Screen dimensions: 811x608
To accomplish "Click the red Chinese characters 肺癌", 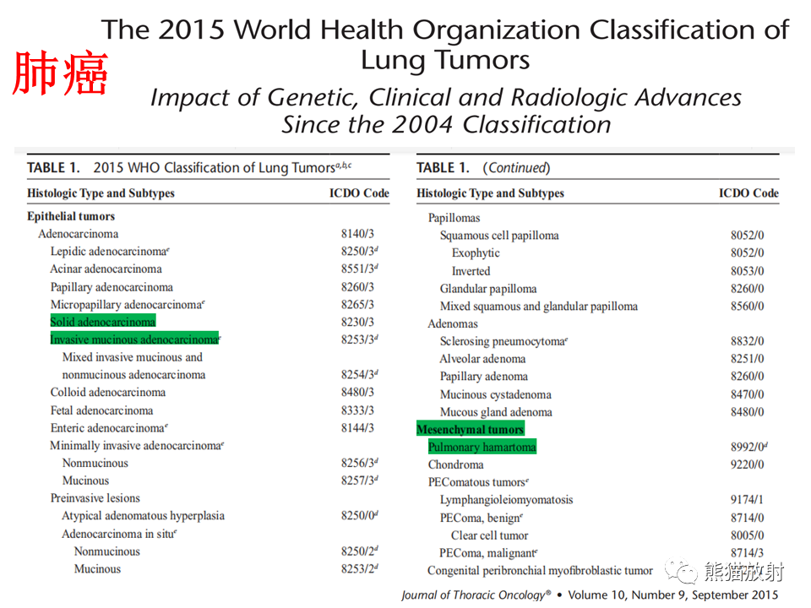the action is click(x=60, y=73).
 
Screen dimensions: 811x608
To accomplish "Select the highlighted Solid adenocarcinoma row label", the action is click(x=103, y=322).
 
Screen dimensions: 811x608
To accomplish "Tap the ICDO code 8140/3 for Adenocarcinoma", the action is click(x=357, y=234).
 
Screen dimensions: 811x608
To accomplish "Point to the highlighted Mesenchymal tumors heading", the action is click(x=471, y=429).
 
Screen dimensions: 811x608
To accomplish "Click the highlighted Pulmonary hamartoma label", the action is click(x=482, y=447).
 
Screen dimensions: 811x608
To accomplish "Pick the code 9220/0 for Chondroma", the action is click(x=747, y=464).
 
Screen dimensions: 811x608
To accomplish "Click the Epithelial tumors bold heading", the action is click(x=71, y=216).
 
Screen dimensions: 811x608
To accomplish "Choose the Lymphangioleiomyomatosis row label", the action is click(x=506, y=500).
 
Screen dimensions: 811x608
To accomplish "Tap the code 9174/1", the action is click(x=747, y=499).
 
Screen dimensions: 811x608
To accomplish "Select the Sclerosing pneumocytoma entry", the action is click(x=503, y=341).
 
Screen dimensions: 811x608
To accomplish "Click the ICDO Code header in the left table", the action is click(x=360, y=193).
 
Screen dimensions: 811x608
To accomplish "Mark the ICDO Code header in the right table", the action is click(x=749, y=193).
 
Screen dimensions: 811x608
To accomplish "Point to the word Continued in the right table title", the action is click(x=517, y=167).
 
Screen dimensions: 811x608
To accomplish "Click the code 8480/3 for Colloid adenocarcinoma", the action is click(x=357, y=392).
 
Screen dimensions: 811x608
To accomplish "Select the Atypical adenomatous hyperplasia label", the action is click(x=144, y=516).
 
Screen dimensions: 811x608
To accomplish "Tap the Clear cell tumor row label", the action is click(x=489, y=535).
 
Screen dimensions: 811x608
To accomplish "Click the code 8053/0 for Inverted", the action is click(x=747, y=271).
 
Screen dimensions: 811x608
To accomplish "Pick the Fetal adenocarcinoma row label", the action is click(x=102, y=410).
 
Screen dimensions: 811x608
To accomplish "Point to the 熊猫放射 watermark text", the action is click(x=743, y=572).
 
